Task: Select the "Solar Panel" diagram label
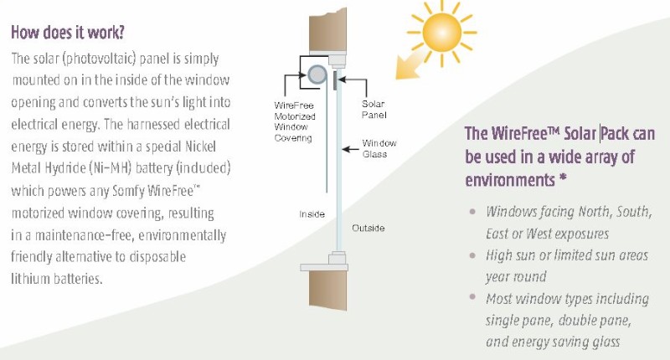point(373,108)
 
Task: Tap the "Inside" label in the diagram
point(312,214)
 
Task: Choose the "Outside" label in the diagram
point(369,228)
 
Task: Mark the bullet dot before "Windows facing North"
point(474,211)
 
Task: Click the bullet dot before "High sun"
point(474,255)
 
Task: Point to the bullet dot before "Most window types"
point(474,298)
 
